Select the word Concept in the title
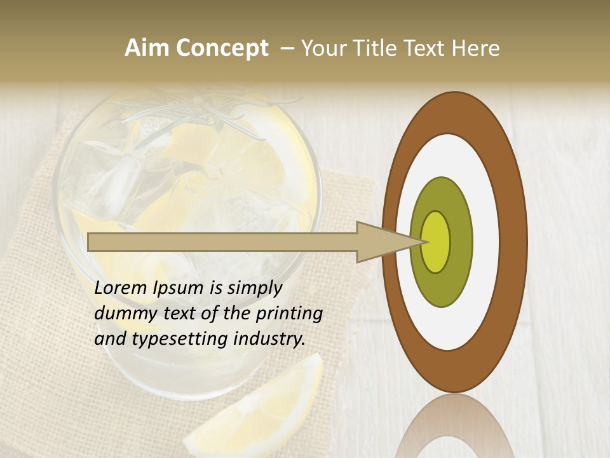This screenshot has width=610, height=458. point(222,48)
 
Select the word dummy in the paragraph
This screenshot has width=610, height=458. point(121,314)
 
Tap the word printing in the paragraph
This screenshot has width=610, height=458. point(289,314)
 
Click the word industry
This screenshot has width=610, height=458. point(269,340)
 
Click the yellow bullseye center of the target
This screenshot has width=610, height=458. point(436,242)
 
